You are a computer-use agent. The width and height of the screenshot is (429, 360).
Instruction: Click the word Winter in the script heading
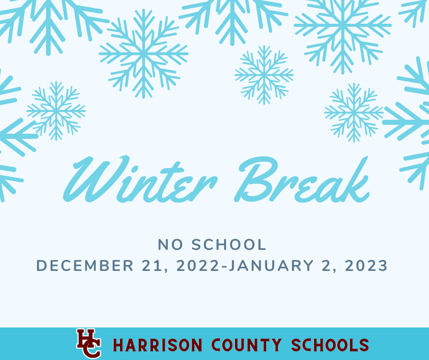pyautogui.click(x=140, y=180)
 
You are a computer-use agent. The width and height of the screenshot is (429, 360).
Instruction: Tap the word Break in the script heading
pyautogui.click(x=302, y=180)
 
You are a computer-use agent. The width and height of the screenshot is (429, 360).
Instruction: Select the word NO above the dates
pyautogui.click(x=170, y=244)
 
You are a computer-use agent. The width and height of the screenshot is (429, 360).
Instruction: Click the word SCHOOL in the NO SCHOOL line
pyautogui.click(x=229, y=244)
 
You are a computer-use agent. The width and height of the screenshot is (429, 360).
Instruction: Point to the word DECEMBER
pyautogui.click(x=85, y=266)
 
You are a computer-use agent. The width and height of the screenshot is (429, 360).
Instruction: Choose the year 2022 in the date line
pyautogui.click(x=198, y=266)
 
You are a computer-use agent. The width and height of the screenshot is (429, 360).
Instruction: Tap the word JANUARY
pyautogui.click(x=271, y=266)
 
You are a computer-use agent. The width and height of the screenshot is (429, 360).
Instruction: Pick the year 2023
pyautogui.click(x=366, y=266)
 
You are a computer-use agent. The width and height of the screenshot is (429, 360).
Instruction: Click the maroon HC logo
pyautogui.click(x=89, y=344)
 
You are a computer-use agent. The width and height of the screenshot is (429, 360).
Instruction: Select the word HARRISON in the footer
pyautogui.click(x=157, y=345)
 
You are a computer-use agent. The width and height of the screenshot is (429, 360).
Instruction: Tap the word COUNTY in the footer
pyautogui.click(x=246, y=345)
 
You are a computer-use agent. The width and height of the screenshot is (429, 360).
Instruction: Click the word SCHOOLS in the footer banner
pyautogui.click(x=330, y=345)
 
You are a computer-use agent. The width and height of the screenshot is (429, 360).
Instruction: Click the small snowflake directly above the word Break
pyautogui.click(x=264, y=75)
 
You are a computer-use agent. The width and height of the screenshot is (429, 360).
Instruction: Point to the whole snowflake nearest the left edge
pyautogui.click(x=56, y=111)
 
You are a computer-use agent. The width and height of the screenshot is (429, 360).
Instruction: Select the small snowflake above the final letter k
pyautogui.click(x=354, y=112)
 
